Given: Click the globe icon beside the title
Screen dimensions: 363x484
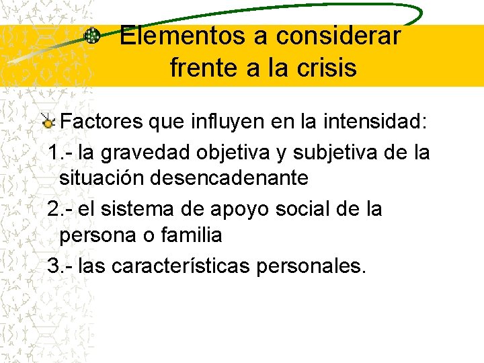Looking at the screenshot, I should point(92,37).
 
